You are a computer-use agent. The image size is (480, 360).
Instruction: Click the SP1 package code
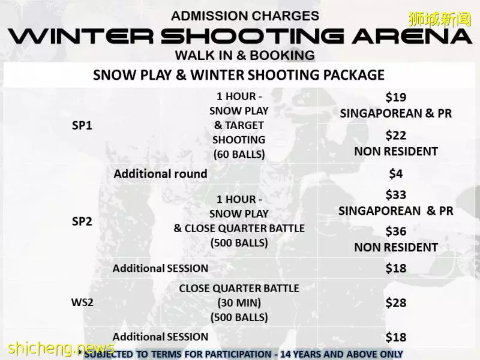coord(82,125)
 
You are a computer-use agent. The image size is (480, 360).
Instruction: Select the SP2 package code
coord(82,221)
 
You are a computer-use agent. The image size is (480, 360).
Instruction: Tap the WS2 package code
coord(82,302)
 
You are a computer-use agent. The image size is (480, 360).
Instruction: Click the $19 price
coord(396,97)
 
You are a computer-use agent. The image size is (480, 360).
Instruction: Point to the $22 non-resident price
coord(396,136)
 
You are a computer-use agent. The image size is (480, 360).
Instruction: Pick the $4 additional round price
coord(396,174)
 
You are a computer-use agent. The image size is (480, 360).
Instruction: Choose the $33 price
coord(396,194)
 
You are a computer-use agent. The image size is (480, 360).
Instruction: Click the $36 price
coord(396,232)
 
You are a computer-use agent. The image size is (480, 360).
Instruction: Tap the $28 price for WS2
coord(396,303)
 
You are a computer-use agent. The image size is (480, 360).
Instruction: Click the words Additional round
coord(160,174)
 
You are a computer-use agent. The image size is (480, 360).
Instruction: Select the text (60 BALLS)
coord(239,154)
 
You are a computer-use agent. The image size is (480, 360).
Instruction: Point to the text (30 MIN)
coord(239,303)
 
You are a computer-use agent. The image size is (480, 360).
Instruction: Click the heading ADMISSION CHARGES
coord(245,16)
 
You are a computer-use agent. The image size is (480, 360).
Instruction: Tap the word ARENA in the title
coord(412,36)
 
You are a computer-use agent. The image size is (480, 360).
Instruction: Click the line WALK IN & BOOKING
coord(245,55)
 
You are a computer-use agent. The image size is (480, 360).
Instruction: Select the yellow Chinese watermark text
coord(440,20)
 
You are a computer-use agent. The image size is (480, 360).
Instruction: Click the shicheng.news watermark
coord(61,349)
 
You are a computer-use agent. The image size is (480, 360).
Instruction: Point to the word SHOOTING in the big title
coord(252,36)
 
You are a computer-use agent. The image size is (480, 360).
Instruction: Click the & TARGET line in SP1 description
coord(239,125)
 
